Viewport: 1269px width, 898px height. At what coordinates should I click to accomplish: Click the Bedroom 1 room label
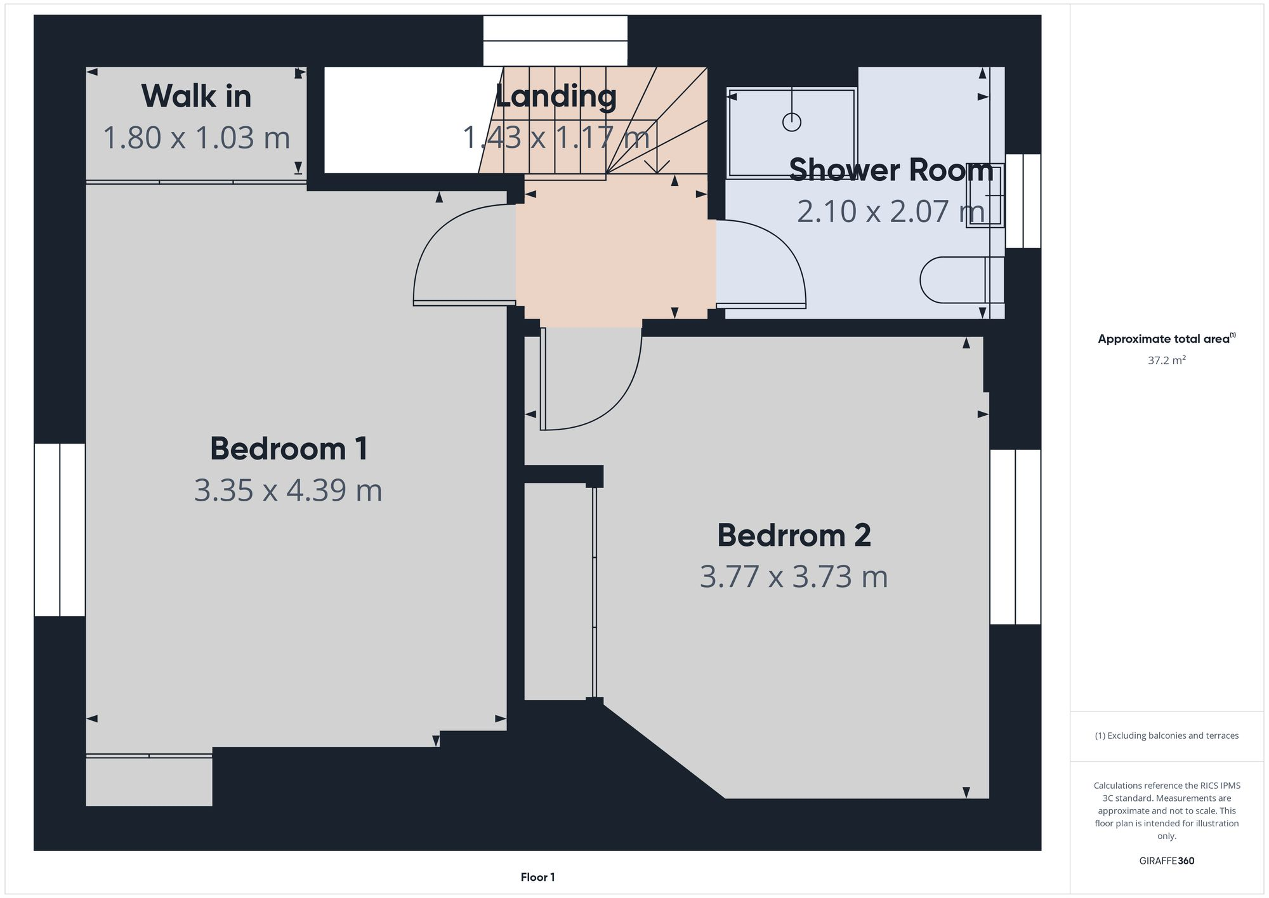click(289, 449)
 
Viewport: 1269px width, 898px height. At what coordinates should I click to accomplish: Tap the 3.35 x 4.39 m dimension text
click(288, 490)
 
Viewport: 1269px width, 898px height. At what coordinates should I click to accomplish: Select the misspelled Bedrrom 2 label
click(794, 536)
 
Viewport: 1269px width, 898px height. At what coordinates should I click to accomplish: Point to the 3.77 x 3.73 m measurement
click(794, 577)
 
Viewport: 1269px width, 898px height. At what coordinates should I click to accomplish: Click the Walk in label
click(196, 96)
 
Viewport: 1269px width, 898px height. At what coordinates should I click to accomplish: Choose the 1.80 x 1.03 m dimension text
click(196, 138)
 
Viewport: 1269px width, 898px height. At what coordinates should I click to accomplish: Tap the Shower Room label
click(891, 170)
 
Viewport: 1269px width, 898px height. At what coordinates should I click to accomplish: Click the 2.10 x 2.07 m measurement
click(891, 211)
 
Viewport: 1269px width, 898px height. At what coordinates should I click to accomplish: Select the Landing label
click(556, 96)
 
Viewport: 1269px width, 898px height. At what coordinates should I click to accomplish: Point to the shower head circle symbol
click(792, 122)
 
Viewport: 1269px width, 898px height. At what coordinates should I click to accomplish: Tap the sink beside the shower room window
click(985, 195)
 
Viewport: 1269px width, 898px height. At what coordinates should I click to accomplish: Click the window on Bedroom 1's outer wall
click(60, 530)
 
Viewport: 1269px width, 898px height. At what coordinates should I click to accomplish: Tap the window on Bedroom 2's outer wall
click(1015, 537)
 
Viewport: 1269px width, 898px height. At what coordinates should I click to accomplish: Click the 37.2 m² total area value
click(1166, 360)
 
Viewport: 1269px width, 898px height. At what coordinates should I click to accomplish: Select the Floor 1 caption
click(537, 877)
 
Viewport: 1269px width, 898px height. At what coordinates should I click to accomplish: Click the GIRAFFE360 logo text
click(1166, 861)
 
